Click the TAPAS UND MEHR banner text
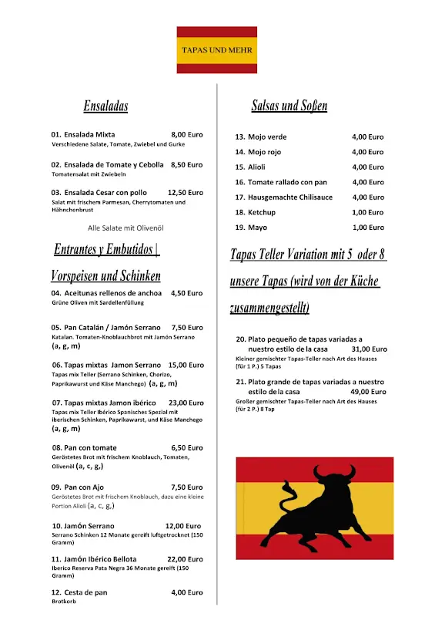[216, 50]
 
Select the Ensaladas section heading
[105, 106]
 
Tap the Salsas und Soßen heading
[289, 106]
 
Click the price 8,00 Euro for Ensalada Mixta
[186, 134]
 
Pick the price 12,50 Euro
[185, 193]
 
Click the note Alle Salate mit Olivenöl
[125, 228]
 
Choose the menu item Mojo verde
[266, 137]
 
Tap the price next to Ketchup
[367, 212]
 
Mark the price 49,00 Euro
[367, 392]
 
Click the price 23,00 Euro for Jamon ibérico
[186, 403]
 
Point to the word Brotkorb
[65, 602]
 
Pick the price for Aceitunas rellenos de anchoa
[186, 293]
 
